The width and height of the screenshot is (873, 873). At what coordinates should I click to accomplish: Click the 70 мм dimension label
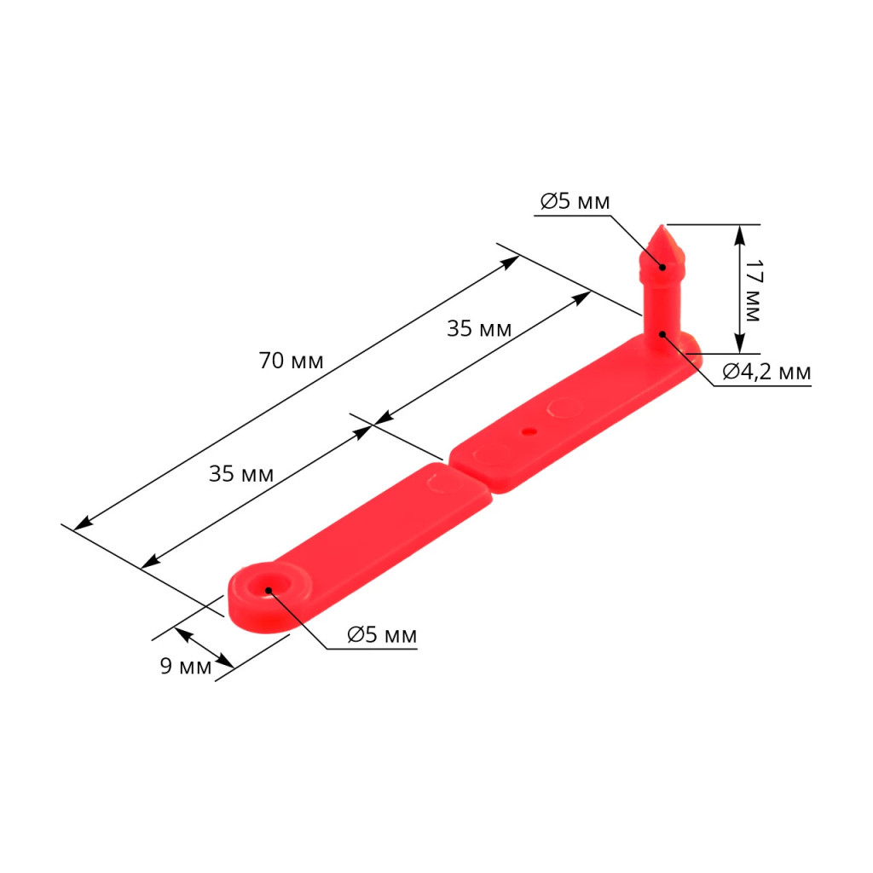coord(291,361)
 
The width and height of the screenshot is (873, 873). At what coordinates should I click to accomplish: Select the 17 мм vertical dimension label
coord(752,290)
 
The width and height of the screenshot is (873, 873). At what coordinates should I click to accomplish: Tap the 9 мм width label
coord(185,666)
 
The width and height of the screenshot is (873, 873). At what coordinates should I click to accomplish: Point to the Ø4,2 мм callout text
coord(766,372)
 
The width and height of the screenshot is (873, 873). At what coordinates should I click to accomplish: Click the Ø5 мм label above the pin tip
coord(575,201)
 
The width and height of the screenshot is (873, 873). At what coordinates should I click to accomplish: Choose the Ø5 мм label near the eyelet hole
coord(382,634)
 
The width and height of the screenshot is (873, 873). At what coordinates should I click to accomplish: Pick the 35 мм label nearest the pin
coord(479,328)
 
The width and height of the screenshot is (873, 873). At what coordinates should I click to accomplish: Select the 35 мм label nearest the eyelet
coord(241,474)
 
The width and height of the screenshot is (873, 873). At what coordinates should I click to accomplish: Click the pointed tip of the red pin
coord(662,225)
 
